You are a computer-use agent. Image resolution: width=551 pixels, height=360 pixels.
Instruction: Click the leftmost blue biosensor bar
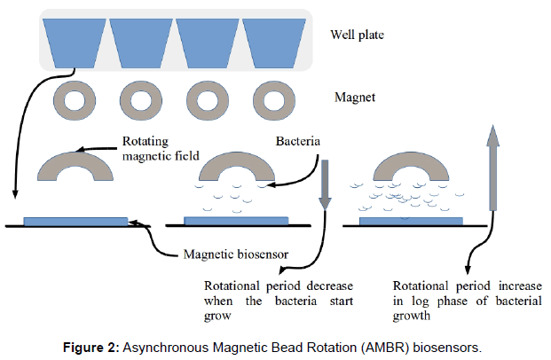(x=76, y=220)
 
